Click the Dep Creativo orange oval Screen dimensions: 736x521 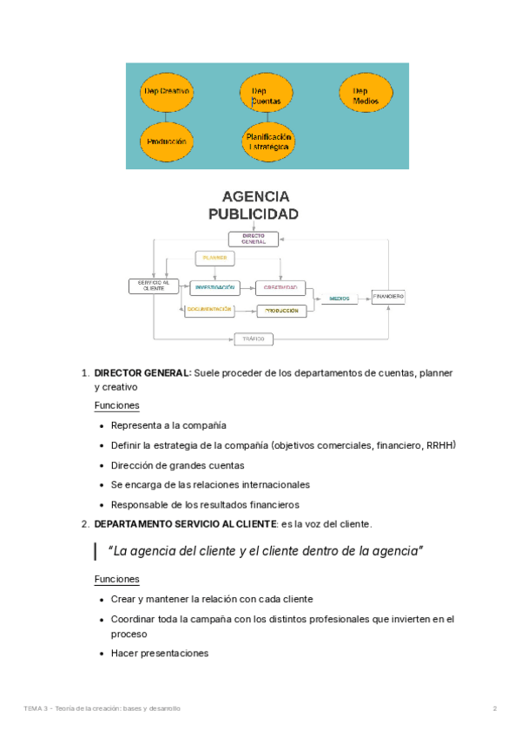click(x=166, y=90)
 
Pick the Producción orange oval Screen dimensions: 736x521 click(x=166, y=141)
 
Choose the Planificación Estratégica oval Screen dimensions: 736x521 click(x=268, y=141)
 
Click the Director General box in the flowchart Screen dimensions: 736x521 click(x=254, y=239)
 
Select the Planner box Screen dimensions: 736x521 click(x=214, y=258)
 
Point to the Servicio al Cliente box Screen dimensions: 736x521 click(x=154, y=286)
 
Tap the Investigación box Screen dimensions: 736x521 click(x=214, y=287)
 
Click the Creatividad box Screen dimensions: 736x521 click(x=281, y=287)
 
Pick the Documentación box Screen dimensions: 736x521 click(x=209, y=310)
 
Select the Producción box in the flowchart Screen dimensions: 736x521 click(x=281, y=311)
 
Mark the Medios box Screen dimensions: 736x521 click(x=340, y=299)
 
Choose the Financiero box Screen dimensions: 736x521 click(x=388, y=297)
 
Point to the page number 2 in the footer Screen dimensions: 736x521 click(x=495, y=709)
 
